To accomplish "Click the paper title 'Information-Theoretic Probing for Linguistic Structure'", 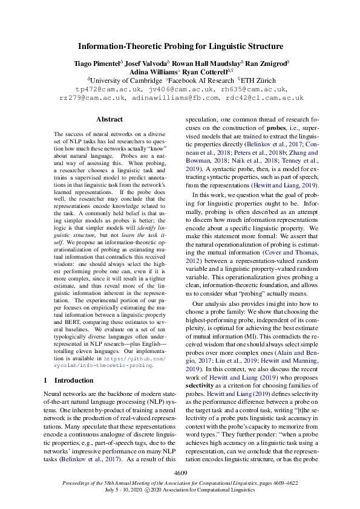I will point(180,46).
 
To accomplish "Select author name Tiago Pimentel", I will point(97,63).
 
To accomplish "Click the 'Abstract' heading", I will point(109,120).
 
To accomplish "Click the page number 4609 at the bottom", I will point(180,472).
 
